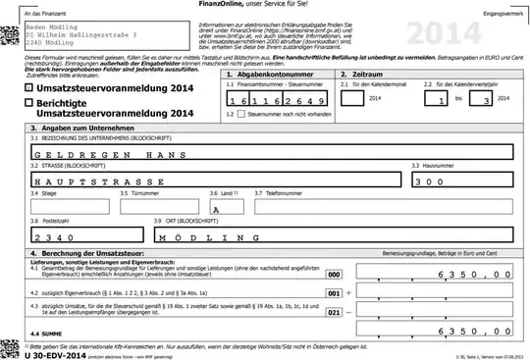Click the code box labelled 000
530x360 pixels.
click(334, 275)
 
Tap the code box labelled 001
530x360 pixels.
click(334, 292)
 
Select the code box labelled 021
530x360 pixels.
click(334, 313)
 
